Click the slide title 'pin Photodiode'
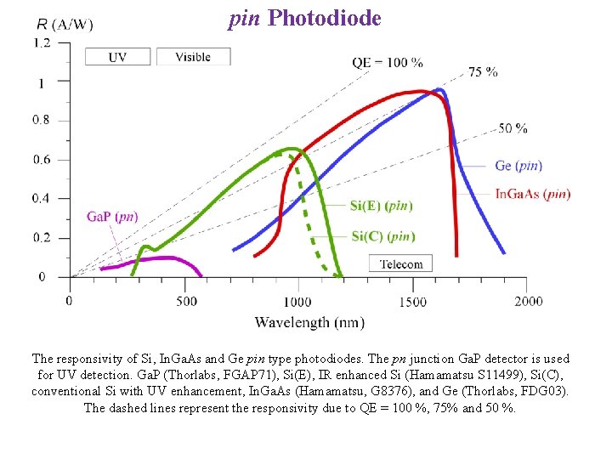304,18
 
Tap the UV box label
118,57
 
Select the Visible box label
193,57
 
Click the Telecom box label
401,263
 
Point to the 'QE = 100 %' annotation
387,62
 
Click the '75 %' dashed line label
483,72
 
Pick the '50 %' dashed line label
513,128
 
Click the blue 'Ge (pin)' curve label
518,165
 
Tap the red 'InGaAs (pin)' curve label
533,194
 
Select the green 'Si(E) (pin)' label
382,205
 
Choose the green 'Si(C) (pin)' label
383,235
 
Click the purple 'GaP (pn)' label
112,217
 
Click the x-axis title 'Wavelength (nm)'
309,322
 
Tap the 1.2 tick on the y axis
41,42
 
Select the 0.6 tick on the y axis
41,160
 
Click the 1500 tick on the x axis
412,302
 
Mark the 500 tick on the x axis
185,302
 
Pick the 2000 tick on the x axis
528,302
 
